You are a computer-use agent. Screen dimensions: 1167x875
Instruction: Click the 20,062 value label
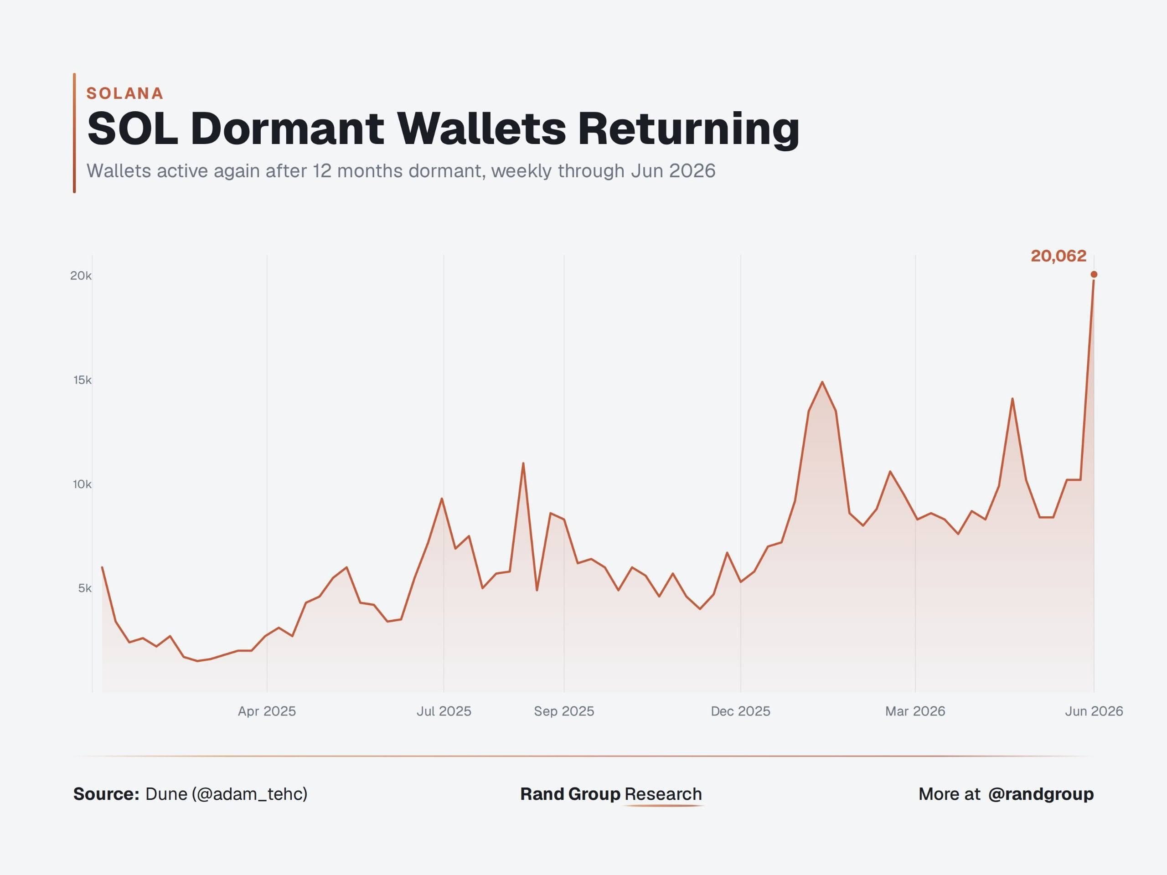(x=1059, y=256)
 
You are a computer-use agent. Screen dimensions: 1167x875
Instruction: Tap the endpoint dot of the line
(x=1094, y=274)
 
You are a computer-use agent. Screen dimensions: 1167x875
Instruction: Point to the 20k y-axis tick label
(x=81, y=275)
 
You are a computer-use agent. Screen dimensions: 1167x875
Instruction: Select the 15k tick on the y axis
(x=83, y=380)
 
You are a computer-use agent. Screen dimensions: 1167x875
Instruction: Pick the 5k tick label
(x=85, y=588)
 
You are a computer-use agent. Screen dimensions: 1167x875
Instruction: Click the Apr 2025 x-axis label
(x=267, y=711)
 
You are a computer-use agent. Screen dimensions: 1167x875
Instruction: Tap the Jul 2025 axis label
(x=444, y=711)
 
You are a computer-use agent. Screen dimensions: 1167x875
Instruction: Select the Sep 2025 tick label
(x=564, y=711)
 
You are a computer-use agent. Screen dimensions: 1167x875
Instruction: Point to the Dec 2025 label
(x=741, y=711)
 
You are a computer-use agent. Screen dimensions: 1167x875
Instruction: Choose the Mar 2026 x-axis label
(x=915, y=711)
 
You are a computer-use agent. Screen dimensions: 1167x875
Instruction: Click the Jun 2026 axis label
(x=1094, y=711)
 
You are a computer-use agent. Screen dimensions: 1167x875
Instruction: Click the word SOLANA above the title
(x=125, y=93)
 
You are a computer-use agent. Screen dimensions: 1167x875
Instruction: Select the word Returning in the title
(x=688, y=130)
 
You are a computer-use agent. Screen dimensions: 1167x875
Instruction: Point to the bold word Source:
(x=106, y=794)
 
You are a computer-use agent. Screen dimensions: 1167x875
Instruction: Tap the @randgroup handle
(x=1041, y=794)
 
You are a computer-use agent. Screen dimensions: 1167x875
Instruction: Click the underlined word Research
(x=663, y=794)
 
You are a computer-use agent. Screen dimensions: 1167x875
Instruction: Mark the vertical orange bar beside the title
(x=74, y=133)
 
